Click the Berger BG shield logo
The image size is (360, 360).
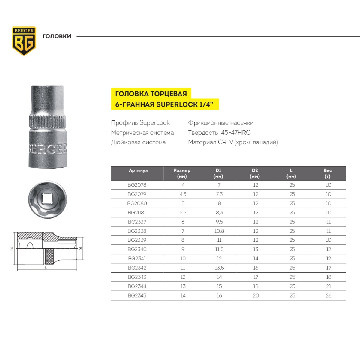click(x=24, y=41)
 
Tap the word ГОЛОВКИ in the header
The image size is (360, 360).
click(x=57, y=36)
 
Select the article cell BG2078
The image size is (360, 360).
click(x=137, y=185)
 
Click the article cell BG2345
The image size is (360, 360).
click(x=137, y=295)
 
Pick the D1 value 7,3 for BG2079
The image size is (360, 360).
click(x=219, y=194)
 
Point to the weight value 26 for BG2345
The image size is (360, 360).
click(x=328, y=295)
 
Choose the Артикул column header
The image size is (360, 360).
click(x=138, y=170)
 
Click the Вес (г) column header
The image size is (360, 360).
click(x=328, y=173)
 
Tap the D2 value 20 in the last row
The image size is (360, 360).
click(x=256, y=295)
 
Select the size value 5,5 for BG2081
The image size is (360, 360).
click(x=183, y=213)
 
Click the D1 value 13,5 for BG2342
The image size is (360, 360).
click(x=219, y=268)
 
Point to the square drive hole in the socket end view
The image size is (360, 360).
click(x=47, y=199)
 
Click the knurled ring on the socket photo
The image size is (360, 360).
click(x=48, y=121)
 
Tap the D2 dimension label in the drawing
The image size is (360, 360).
click(x=12, y=248)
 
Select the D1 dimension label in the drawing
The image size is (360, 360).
click(x=81, y=248)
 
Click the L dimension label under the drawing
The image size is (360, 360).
click(x=46, y=268)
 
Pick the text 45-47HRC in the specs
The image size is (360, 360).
click(x=236, y=133)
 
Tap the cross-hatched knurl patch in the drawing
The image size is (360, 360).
click(x=49, y=256)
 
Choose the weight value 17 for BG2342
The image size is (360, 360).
click(x=328, y=268)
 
